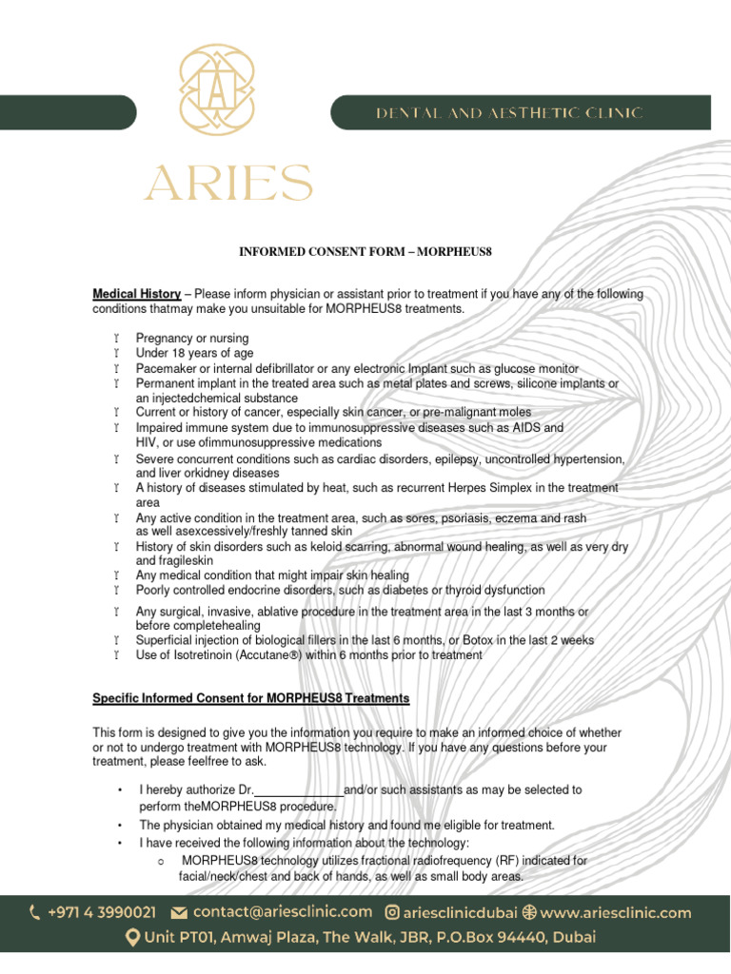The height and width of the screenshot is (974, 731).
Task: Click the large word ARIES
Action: tap(228, 183)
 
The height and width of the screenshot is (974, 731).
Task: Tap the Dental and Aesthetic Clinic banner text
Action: tap(508, 113)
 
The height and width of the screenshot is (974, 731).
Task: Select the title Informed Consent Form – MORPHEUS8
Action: tap(365, 251)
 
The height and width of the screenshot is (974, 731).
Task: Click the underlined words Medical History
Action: tap(136, 295)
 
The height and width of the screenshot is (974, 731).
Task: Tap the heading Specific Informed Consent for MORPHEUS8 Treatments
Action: tap(250, 698)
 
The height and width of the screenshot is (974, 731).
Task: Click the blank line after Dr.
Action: tap(298, 790)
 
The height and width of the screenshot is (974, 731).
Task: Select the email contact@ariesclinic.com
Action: tap(282, 912)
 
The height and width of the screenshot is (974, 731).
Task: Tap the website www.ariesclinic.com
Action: tap(615, 913)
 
